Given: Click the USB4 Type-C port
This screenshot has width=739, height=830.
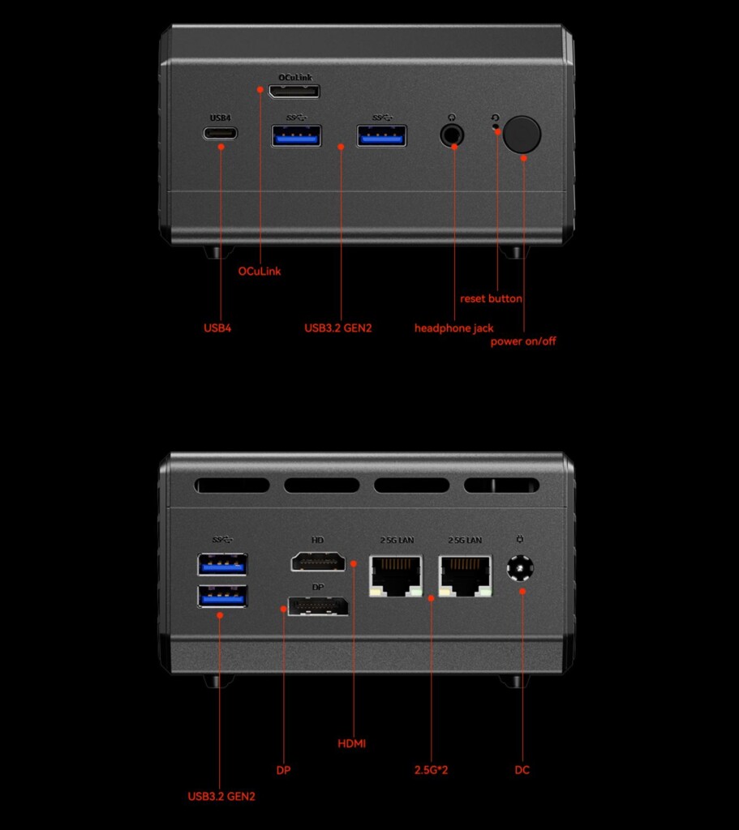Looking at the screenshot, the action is click(221, 133).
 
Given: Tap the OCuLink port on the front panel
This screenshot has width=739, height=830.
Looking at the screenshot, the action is click(294, 92).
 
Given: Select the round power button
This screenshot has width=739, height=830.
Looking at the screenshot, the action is click(522, 134).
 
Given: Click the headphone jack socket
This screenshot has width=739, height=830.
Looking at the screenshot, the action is click(452, 135).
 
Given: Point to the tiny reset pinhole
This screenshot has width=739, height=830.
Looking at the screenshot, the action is click(496, 126).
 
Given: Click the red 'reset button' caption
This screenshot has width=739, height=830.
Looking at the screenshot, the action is click(491, 298).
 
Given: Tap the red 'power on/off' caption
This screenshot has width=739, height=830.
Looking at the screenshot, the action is click(523, 341).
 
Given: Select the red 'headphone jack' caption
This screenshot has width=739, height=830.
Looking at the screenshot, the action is click(454, 328).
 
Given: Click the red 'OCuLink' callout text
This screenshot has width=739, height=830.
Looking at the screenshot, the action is click(260, 271).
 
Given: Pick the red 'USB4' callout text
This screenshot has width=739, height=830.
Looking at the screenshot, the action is click(217, 327).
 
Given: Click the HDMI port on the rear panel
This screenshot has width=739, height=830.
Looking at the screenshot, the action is click(318, 561).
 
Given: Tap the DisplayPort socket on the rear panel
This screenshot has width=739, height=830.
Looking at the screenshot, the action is click(318, 605).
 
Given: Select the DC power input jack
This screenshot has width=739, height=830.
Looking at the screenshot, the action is click(520, 568).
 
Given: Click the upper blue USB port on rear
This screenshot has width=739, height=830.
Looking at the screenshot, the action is click(222, 564).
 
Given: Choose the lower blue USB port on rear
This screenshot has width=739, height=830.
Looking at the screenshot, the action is click(222, 597).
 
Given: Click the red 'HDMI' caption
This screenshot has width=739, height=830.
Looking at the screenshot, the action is click(352, 743).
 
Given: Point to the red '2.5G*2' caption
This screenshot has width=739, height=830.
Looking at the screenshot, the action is click(432, 770).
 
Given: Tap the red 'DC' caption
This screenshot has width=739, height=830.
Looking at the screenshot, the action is click(522, 770).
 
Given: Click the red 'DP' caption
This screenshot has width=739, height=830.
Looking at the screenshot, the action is click(283, 770).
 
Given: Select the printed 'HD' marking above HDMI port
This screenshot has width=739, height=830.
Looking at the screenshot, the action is click(317, 540).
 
